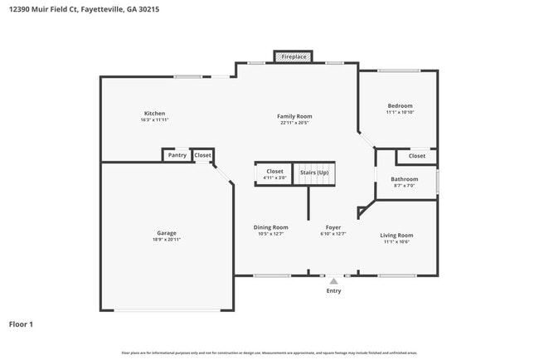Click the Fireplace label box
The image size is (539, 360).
click(x=294, y=56)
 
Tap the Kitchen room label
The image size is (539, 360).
click(x=154, y=114)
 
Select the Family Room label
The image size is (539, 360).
click(x=294, y=117)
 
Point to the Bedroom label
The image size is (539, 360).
click(x=400, y=106)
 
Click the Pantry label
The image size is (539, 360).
click(x=177, y=155)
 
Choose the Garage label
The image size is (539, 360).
click(x=167, y=233)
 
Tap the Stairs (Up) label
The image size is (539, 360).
click(x=314, y=172)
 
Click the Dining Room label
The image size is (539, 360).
click(x=270, y=227)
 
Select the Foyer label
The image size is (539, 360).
click(x=333, y=227)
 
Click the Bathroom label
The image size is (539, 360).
click(x=405, y=179)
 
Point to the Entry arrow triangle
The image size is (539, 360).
click(x=333, y=282)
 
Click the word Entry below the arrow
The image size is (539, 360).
click(x=333, y=291)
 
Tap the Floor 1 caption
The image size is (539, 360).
click(x=21, y=324)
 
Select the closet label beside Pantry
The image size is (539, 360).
click(x=202, y=155)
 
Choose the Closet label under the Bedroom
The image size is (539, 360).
click(x=416, y=156)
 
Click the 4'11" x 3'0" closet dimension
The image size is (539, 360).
click(x=274, y=178)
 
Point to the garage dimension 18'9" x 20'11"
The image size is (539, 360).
click(x=167, y=240)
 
